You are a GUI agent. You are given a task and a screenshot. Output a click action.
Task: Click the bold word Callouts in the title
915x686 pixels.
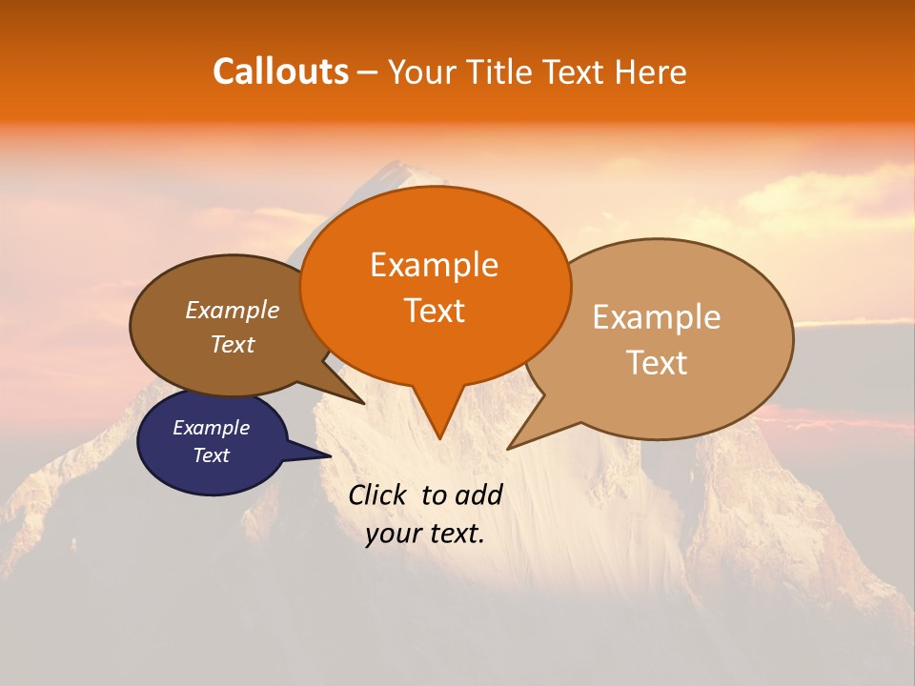coord(280,71)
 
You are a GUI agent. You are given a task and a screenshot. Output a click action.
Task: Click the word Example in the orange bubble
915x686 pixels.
coord(434,265)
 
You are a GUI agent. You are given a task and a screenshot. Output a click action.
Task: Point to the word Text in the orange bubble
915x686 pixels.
coord(434,311)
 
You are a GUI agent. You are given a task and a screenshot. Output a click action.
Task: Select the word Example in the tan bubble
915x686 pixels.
coord(657,317)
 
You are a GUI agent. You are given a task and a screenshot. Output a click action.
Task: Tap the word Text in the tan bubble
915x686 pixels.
coord(657,363)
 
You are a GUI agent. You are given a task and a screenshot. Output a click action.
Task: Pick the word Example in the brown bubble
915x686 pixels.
coord(232,311)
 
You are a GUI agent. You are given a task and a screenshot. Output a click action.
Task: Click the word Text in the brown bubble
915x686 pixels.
coord(232,345)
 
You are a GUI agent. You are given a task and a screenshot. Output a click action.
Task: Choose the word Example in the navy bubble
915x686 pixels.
coord(211,428)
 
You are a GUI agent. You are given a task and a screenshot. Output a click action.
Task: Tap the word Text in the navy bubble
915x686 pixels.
coord(211,455)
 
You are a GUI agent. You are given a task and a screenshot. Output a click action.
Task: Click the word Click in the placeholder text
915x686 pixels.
coord(379,494)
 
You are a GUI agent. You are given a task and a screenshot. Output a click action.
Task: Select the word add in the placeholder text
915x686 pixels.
coord(478,494)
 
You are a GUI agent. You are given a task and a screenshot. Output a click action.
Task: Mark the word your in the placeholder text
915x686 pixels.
coord(394,534)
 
